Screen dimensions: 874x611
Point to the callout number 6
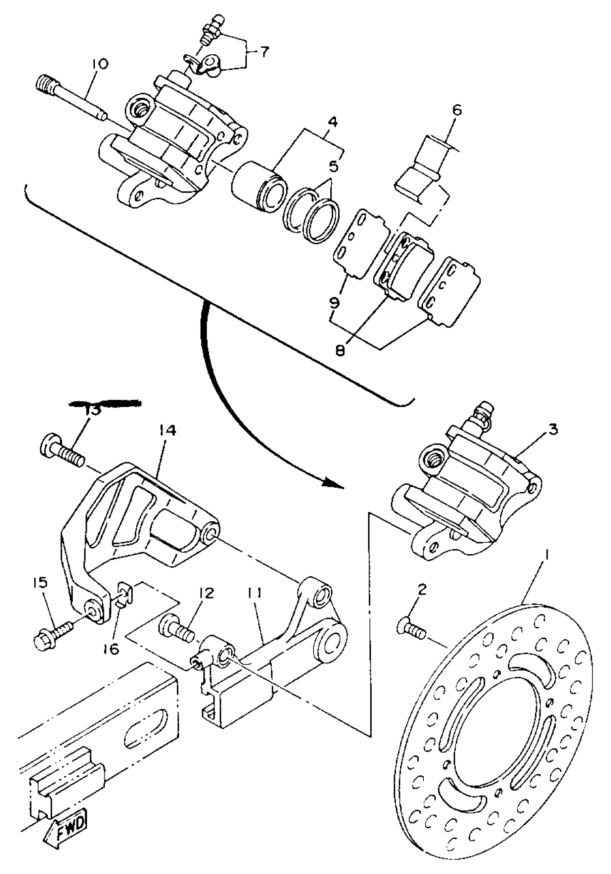click(x=456, y=110)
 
